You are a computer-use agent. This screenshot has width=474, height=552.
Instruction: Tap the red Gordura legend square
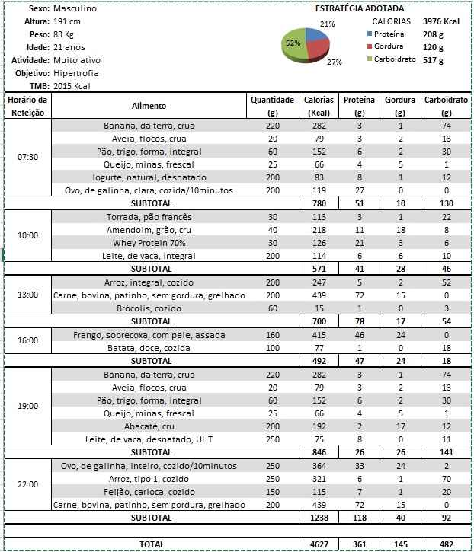click(x=368, y=47)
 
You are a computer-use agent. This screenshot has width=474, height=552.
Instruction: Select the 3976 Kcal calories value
click(x=442, y=22)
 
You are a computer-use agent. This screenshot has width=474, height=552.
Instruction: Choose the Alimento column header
click(x=149, y=106)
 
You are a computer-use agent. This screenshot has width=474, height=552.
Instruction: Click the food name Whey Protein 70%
click(x=149, y=243)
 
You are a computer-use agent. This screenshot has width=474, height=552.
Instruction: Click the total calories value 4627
click(x=318, y=544)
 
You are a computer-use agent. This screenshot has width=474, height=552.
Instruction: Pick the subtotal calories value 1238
click(x=318, y=518)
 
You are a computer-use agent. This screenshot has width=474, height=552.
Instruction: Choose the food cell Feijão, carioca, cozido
click(x=149, y=491)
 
